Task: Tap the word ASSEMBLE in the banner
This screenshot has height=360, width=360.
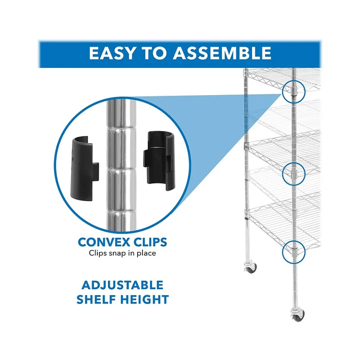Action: pos(222,53)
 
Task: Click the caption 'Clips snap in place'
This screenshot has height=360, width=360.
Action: pos(122,253)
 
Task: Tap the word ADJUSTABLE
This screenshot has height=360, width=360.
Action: pos(122,285)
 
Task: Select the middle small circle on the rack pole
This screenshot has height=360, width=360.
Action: pos(293,174)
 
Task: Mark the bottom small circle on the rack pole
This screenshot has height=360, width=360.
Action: pos(293,252)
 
